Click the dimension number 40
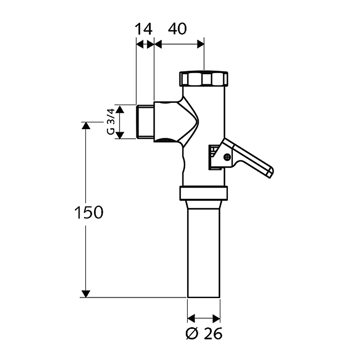click(x=178, y=29)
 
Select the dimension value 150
click(x=88, y=212)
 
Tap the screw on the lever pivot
click(x=227, y=156)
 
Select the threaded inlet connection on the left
click(x=144, y=122)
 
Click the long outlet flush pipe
click(x=204, y=250)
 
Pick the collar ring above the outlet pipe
click(x=204, y=193)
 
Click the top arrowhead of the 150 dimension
click(x=86, y=126)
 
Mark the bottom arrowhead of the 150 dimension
click(x=86, y=293)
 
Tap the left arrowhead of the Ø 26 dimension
click(x=191, y=318)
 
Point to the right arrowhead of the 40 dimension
click(x=201, y=44)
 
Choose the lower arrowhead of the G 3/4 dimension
click(x=120, y=135)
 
